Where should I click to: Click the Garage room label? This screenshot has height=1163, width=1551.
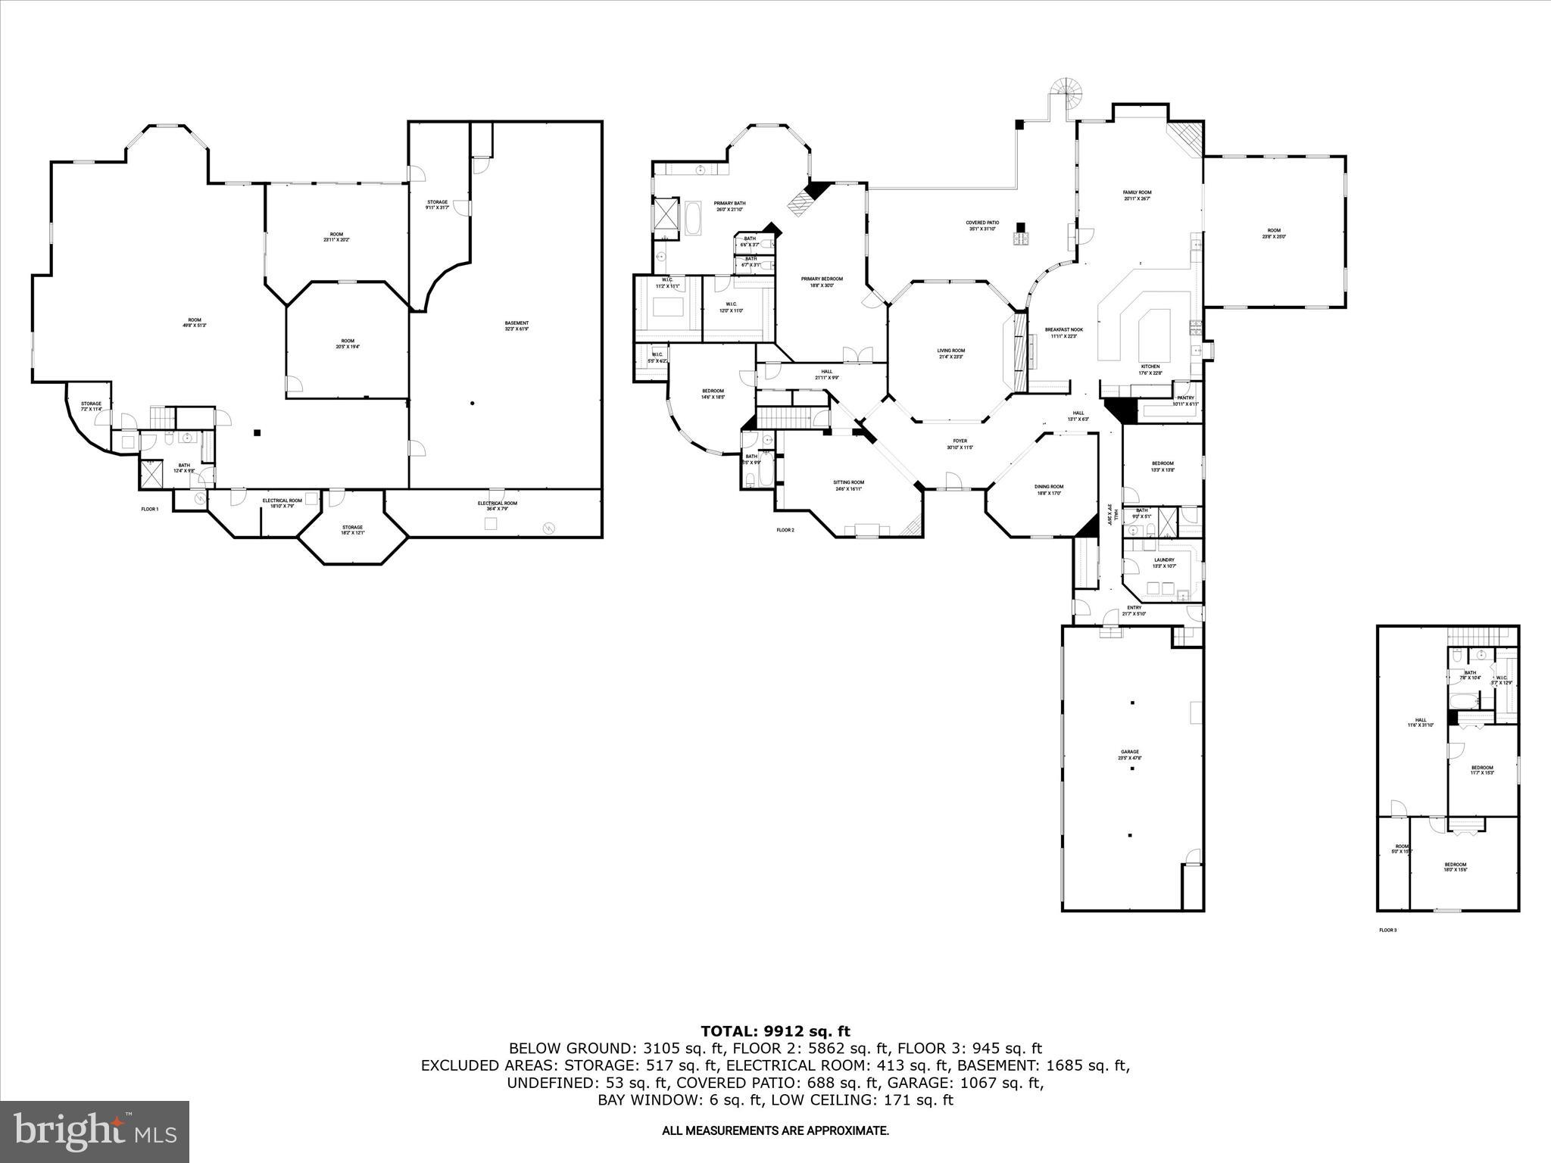tap(1129, 755)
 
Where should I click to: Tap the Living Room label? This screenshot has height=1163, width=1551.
tap(951, 354)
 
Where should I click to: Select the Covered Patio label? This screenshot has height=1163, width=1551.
tap(982, 226)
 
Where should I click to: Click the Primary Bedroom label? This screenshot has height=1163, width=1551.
tap(822, 282)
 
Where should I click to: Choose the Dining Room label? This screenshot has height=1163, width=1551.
tap(1049, 490)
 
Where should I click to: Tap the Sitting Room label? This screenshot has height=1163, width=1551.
tap(848, 485)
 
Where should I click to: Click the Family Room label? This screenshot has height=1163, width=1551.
tap(1137, 195)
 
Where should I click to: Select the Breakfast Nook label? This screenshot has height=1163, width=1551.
tap(1064, 332)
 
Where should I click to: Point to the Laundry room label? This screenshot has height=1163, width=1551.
tap(1163, 563)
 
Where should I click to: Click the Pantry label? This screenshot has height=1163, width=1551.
tap(1185, 401)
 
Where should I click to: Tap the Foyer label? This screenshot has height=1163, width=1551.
tap(960, 444)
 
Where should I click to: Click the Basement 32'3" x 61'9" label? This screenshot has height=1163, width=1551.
tap(516, 326)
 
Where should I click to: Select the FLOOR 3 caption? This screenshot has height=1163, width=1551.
tap(1387, 930)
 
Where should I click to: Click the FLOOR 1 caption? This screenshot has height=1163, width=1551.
tap(150, 510)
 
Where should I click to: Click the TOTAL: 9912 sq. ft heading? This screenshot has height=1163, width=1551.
tap(775, 1031)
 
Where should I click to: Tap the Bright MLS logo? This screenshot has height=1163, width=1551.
tap(95, 1131)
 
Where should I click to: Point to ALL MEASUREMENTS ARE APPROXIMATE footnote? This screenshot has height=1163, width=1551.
tap(775, 1131)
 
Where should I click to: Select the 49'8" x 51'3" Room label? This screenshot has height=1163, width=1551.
tap(195, 323)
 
